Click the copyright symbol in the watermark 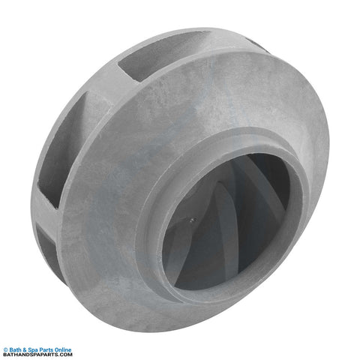point(5,350)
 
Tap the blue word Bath point(15,350)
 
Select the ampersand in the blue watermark point(25,350)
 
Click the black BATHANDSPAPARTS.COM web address point(37,355)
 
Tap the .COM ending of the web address point(65,355)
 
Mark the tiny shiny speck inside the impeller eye point(192,220)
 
